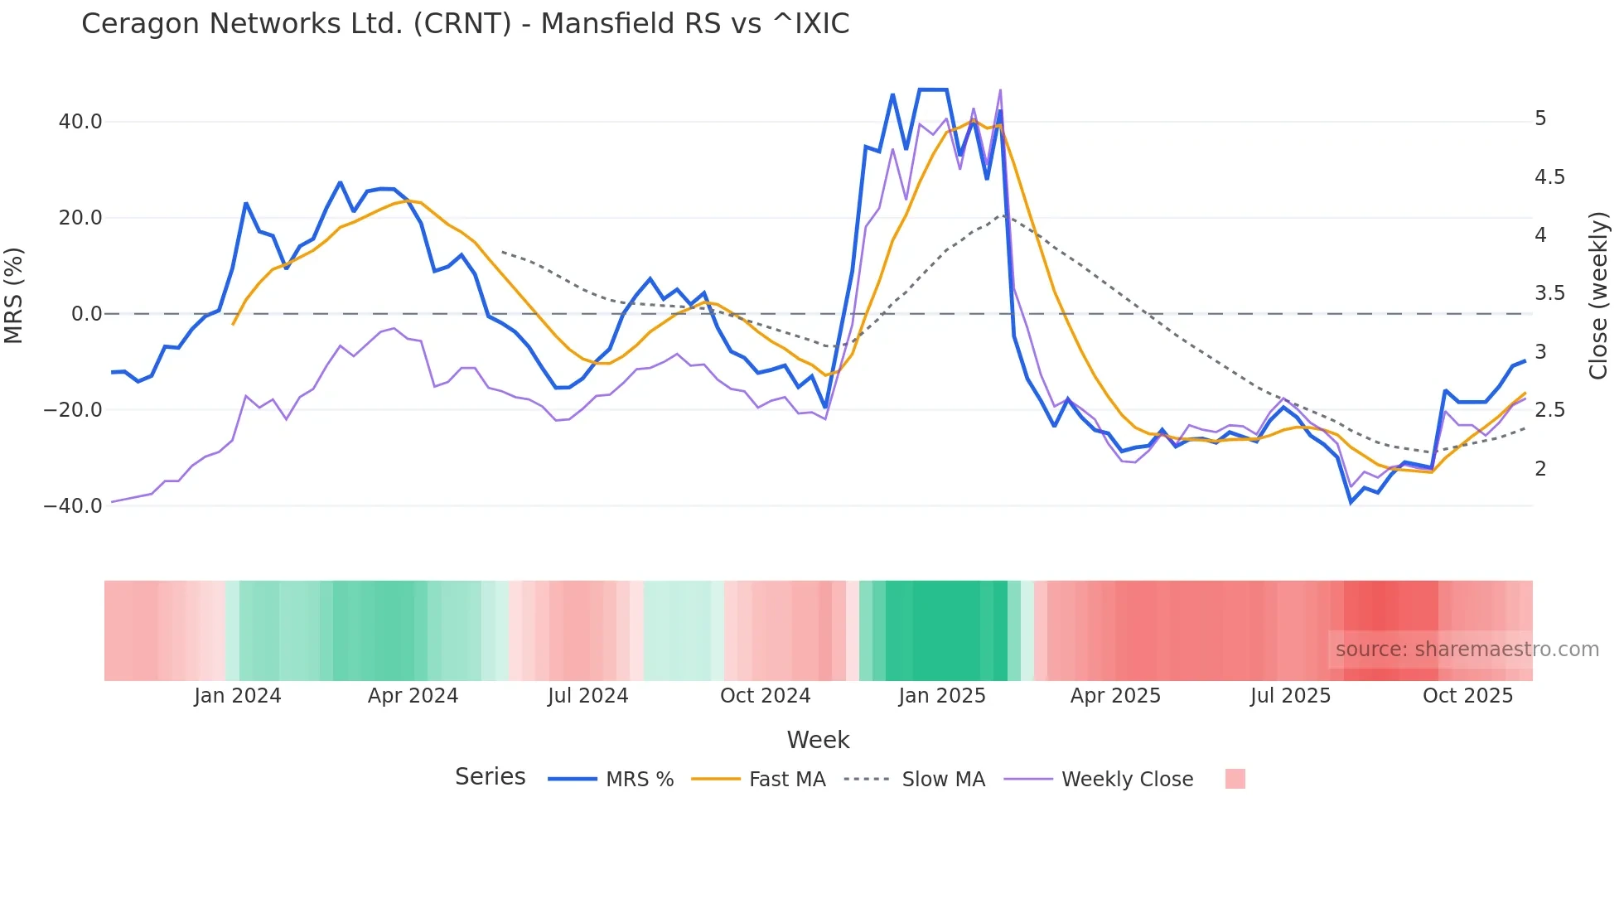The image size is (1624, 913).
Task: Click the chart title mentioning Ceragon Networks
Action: (x=465, y=24)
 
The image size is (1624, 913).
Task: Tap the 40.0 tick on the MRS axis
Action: (x=80, y=122)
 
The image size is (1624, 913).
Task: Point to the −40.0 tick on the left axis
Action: (x=73, y=505)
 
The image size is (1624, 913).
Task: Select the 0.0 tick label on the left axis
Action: (x=86, y=314)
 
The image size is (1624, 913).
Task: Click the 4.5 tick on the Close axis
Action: (x=1549, y=177)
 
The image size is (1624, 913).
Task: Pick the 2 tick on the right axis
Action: (x=1540, y=469)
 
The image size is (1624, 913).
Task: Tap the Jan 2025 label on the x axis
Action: (x=942, y=696)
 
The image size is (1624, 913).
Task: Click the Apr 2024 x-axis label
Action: (x=413, y=696)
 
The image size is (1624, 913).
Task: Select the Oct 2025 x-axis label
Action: (x=1467, y=696)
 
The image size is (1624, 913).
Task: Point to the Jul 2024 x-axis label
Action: (x=587, y=696)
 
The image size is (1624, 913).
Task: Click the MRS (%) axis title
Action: (x=14, y=296)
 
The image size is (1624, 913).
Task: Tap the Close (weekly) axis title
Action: (x=1598, y=296)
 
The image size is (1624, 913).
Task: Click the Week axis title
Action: (x=818, y=740)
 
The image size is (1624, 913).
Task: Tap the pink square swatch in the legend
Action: (x=1235, y=779)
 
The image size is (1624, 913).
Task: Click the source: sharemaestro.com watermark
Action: (x=1467, y=650)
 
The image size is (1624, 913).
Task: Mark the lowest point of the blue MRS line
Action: (x=1351, y=502)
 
